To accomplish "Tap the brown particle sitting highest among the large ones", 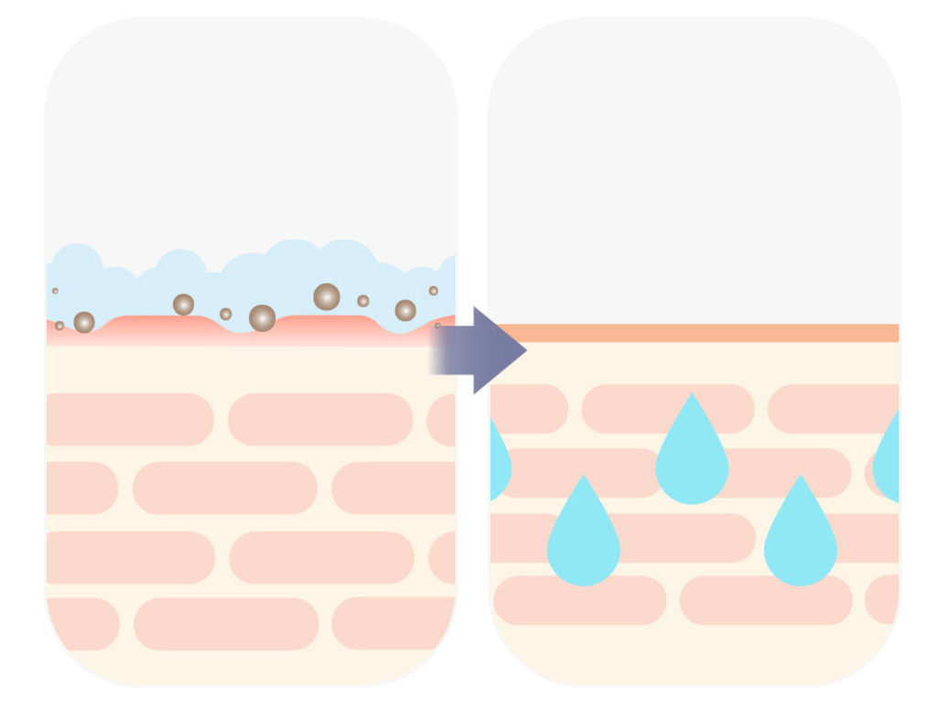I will coord(327,296).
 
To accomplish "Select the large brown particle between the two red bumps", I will coord(263,317).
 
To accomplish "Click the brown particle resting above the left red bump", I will coord(183,305).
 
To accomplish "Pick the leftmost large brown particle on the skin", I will coord(84,322).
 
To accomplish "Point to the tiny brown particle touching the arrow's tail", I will coord(437,325).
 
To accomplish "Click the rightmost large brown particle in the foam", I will coord(405,310).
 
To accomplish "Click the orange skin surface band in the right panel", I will coord(695,333).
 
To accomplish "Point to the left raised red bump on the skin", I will coord(156,327).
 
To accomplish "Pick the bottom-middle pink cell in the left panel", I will coord(226,624).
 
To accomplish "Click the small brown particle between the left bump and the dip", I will coord(225,314).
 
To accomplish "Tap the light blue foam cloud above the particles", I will coord(275,270).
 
